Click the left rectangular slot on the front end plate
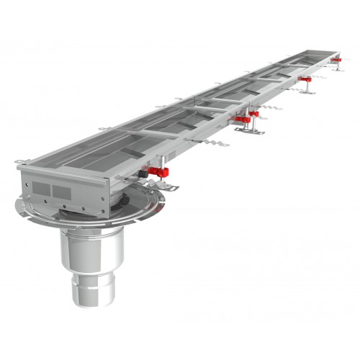[40, 189]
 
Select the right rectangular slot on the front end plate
[63, 193]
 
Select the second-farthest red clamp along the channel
[305, 78]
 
